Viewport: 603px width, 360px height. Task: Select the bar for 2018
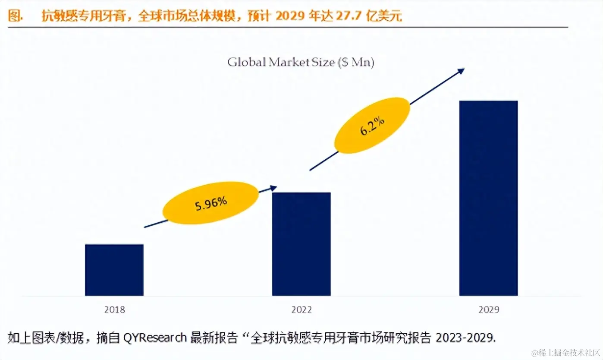(x=114, y=270)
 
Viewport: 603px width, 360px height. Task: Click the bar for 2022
(x=301, y=244)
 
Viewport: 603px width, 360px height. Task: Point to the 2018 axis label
(x=114, y=310)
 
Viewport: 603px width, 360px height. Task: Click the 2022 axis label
(x=301, y=310)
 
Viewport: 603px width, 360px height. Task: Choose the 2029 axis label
(x=488, y=310)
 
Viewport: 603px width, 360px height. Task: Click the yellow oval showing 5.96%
(x=210, y=203)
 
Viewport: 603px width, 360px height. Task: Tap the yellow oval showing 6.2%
(x=372, y=126)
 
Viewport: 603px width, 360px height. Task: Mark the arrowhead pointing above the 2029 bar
(x=461, y=71)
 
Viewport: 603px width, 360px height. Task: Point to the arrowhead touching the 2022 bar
(x=273, y=188)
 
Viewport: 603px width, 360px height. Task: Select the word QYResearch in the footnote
(x=155, y=337)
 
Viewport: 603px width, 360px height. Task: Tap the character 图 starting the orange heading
(x=15, y=16)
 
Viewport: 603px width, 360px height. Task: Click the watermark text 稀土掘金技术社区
(x=565, y=352)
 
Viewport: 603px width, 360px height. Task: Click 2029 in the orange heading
(x=289, y=16)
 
